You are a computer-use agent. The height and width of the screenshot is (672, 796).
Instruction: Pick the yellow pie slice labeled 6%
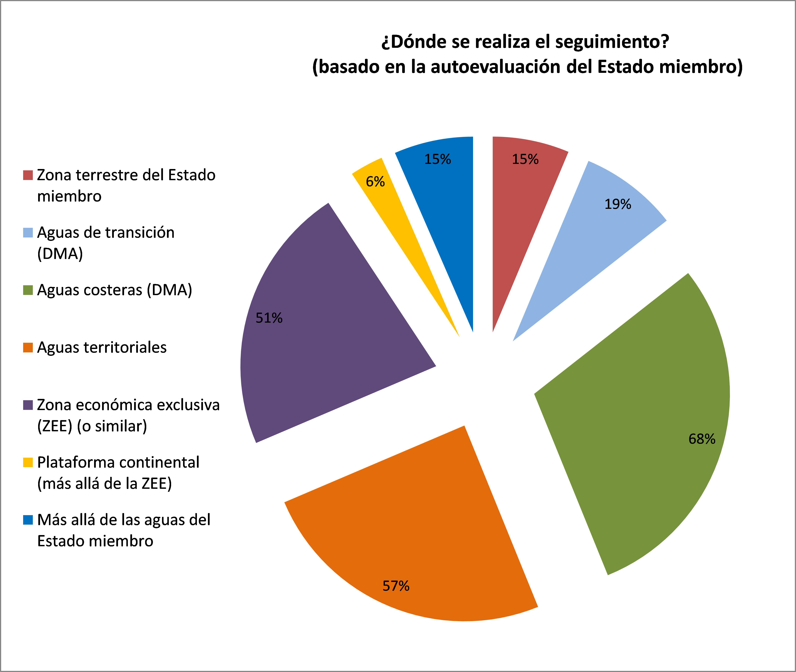click(x=385, y=198)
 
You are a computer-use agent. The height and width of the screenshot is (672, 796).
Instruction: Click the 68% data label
click(x=702, y=439)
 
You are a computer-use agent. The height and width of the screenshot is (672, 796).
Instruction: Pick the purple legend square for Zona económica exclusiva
click(x=28, y=405)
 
